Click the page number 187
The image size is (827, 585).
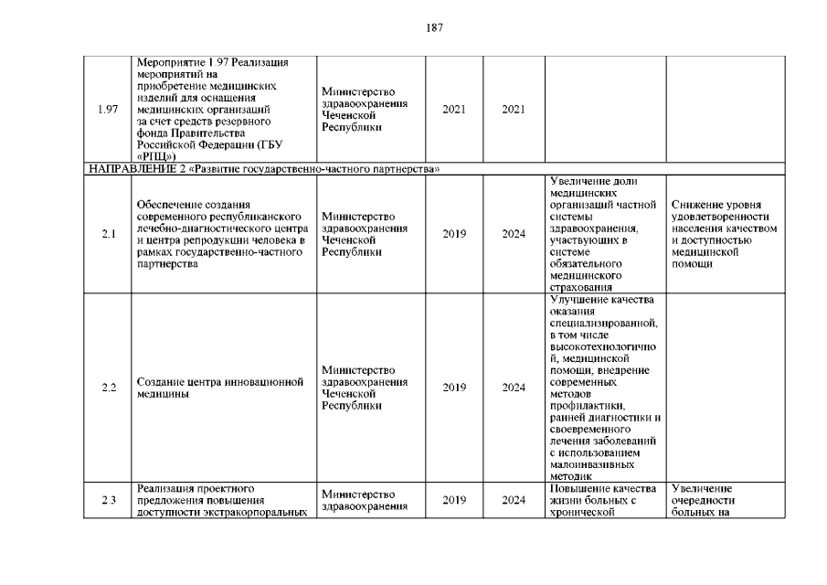[434, 27]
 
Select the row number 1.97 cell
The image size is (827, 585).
[107, 110]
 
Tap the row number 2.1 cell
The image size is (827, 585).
[107, 234]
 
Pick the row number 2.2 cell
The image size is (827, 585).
[108, 388]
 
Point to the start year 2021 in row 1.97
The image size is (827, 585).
[454, 110]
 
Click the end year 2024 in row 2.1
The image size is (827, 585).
[514, 234]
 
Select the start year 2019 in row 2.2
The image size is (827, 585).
[454, 388]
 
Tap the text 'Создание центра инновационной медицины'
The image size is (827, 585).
[219, 388]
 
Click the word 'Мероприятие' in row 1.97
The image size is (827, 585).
[165, 62]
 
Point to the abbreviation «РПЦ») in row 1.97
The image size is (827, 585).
[156, 157]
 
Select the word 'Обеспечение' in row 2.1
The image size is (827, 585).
[168, 205]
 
